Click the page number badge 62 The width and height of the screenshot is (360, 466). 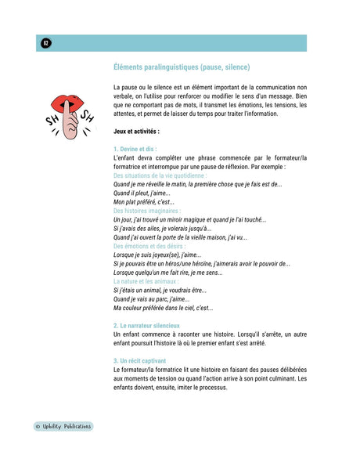coord(45,43)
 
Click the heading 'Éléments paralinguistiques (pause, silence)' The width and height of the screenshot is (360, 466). coord(182,67)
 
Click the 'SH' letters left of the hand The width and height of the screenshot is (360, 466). coord(52,121)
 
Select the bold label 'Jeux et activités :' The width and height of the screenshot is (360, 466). coord(136,132)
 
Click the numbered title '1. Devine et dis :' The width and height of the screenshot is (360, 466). coord(135,149)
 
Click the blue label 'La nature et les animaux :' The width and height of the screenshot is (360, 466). coord(146,280)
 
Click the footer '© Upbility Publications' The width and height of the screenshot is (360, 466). coord(63,427)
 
